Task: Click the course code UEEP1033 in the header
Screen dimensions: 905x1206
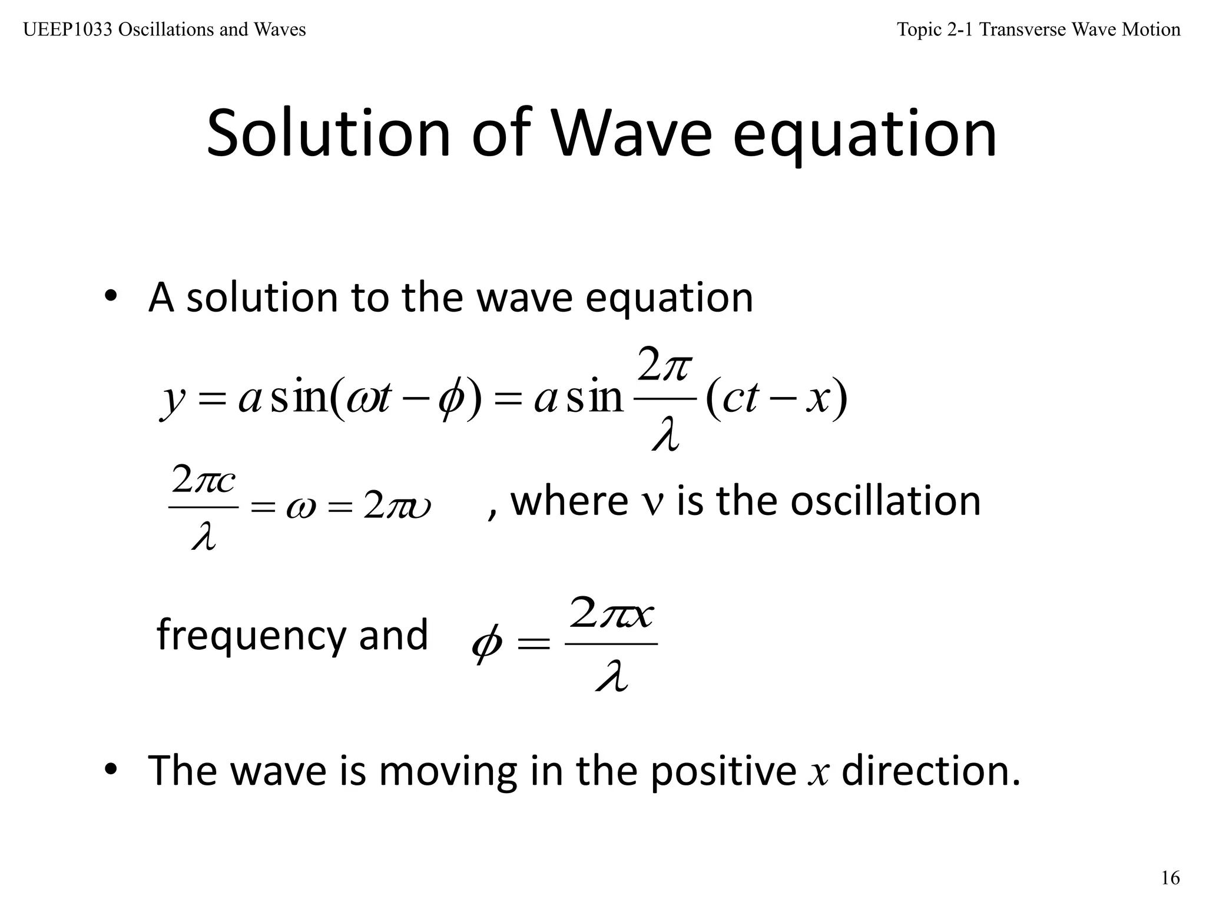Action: click(x=68, y=29)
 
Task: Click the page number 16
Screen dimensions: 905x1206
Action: click(x=1170, y=878)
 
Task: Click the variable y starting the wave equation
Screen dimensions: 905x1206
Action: click(x=173, y=401)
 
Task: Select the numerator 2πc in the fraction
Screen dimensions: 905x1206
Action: click(x=204, y=481)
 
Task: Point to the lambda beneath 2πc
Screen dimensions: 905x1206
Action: click(x=204, y=536)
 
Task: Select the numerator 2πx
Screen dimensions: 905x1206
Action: click(x=612, y=613)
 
